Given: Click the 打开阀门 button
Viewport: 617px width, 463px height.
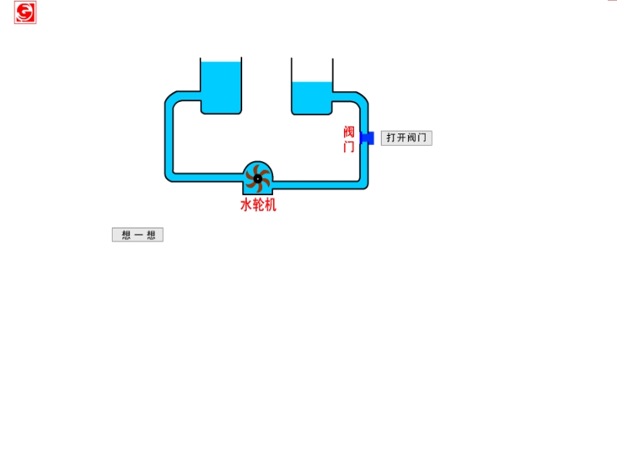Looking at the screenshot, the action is [406, 138].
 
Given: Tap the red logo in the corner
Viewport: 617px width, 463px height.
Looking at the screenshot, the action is [25, 12].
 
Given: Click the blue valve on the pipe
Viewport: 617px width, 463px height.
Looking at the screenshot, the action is [367, 138].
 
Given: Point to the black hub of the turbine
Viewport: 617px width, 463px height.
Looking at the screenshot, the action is [258, 179].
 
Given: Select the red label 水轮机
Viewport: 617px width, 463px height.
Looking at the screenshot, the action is [258, 204].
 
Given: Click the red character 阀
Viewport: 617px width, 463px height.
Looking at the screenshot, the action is [349, 132].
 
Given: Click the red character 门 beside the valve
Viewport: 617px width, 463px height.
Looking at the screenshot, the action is [349, 147].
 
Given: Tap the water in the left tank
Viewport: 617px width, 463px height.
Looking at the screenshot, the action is [221, 86].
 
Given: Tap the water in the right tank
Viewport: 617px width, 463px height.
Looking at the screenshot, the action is [312, 98].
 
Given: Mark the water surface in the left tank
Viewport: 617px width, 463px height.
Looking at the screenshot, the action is [221, 62].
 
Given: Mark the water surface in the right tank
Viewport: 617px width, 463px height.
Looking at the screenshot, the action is [312, 82].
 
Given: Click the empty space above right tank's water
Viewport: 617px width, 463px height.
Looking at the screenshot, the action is [312, 69].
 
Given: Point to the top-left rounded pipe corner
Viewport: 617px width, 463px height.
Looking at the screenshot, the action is [170, 99].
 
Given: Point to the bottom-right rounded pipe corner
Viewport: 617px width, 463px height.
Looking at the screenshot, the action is [362, 184].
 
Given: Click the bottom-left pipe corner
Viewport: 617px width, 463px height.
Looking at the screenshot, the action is [170, 177].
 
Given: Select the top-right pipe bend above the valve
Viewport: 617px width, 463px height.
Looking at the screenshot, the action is [362, 99].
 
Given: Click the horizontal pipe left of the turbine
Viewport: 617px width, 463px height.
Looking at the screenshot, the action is [207, 177].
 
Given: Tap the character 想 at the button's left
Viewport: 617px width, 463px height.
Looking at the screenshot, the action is [126, 235].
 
